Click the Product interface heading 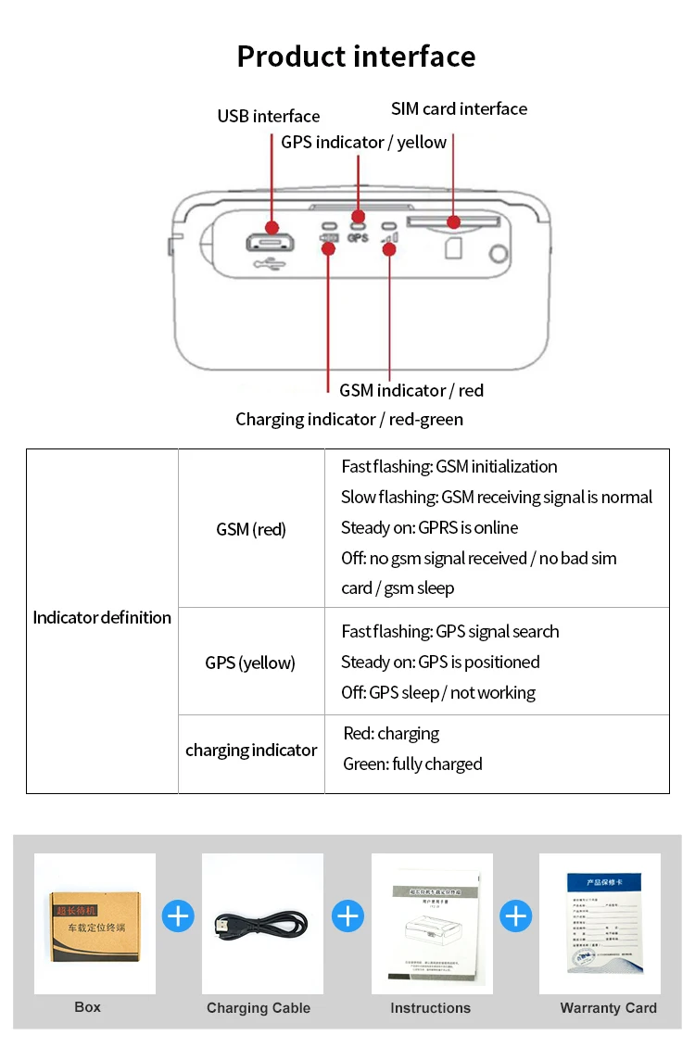356,57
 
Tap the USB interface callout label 269,117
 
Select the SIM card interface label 459,109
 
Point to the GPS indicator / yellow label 364,143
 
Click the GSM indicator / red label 411,390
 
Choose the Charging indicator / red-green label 349,420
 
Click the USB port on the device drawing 270,244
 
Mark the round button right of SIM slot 499,254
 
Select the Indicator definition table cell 102,618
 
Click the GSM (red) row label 251,530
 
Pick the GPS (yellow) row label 250,663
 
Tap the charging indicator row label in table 251,751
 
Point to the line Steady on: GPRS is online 430,528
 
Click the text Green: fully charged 412,764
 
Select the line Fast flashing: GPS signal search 450,632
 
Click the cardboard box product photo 95,924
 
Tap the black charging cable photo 262,924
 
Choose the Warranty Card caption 609,1008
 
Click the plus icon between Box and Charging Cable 178,916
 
